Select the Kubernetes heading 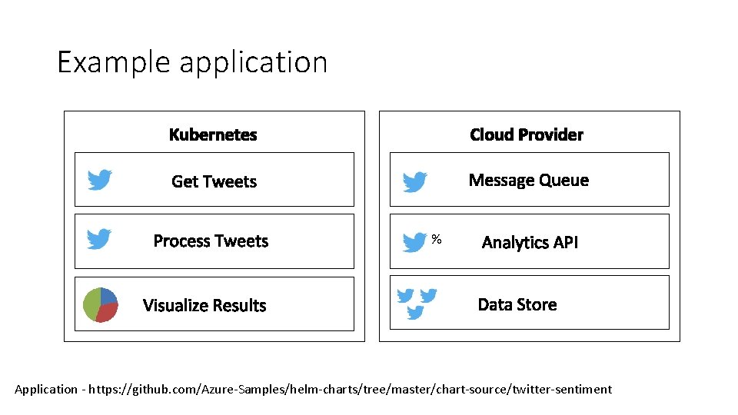pos(213,135)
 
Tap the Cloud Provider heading pos(527,135)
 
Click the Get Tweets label pos(214,181)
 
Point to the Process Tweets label pos(211,241)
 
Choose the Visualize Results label pos(204,305)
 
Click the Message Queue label pos(528,181)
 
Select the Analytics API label pos(530,243)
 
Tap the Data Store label pos(517,304)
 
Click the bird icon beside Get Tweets pos(100,180)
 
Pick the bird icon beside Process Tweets pos(99,239)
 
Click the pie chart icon pos(101,305)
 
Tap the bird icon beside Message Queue pos(415,182)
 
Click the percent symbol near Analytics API pos(437,240)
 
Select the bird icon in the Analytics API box pos(415,242)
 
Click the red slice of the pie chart pos(108,311)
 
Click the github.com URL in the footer pos(351,390)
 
